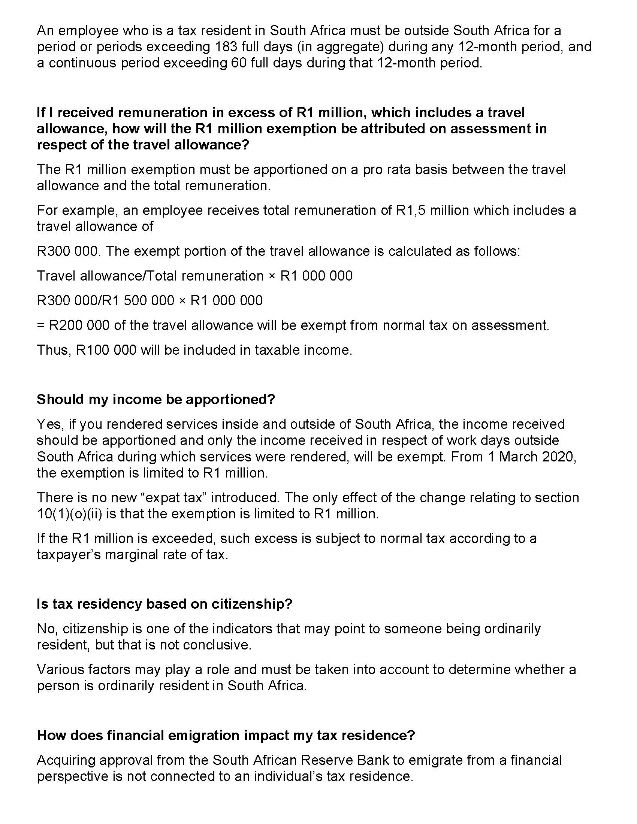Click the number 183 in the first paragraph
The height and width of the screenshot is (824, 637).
(226, 47)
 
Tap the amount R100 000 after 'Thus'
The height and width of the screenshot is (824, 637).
(106, 350)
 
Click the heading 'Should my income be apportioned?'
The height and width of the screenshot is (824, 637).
(156, 399)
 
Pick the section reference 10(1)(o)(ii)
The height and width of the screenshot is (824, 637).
(69, 514)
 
